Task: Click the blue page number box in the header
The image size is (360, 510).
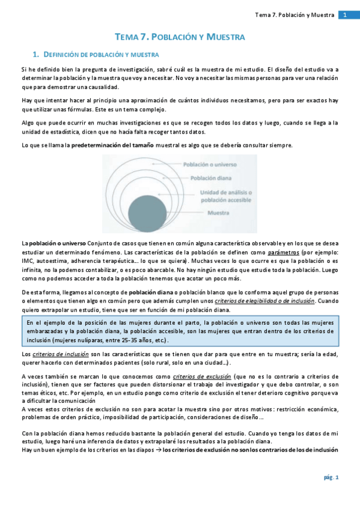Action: tap(346, 14)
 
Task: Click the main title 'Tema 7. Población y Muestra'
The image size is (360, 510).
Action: tap(180, 37)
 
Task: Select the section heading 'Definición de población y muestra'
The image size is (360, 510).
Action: tap(102, 55)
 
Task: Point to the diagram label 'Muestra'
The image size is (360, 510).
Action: tap(220, 214)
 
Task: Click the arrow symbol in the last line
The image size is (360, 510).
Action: tap(157, 450)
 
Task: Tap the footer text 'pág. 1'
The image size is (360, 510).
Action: tap(332, 477)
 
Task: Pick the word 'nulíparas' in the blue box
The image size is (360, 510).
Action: tap(96, 340)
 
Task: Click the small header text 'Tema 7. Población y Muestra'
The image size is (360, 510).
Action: tap(294, 14)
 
